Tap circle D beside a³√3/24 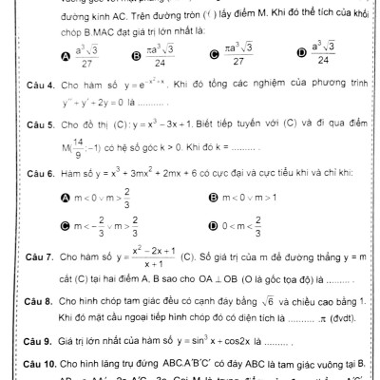click(x=299, y=56)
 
